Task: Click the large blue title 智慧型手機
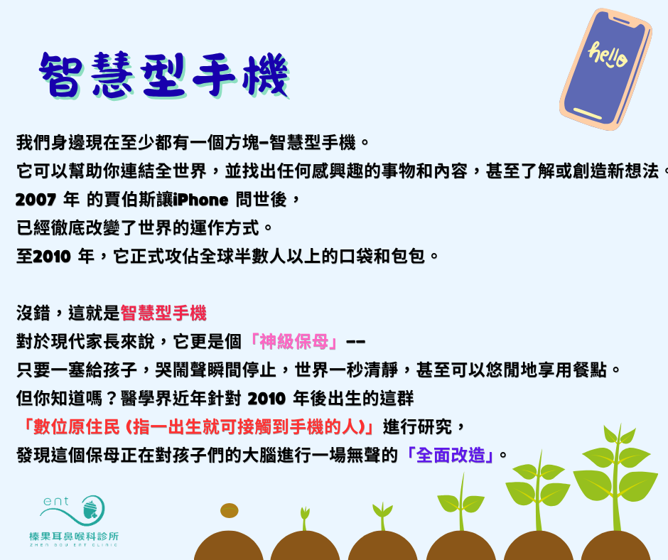pos(164,76)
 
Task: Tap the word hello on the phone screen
pos(607,55)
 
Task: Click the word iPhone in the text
pos(200,200)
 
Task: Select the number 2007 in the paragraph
pos(36,200)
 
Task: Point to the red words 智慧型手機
pos(163,313)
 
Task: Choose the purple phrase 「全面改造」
pos(451,455)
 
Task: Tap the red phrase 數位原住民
pos(77,427)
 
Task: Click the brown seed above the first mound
pos(230,510)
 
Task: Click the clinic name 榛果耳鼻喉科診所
pos(74,536)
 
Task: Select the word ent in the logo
pos(56,501)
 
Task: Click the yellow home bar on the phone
pos(588,114)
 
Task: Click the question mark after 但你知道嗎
pos(111,399)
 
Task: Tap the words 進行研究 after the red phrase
pos(418,427)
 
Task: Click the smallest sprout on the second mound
pos(305,518)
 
